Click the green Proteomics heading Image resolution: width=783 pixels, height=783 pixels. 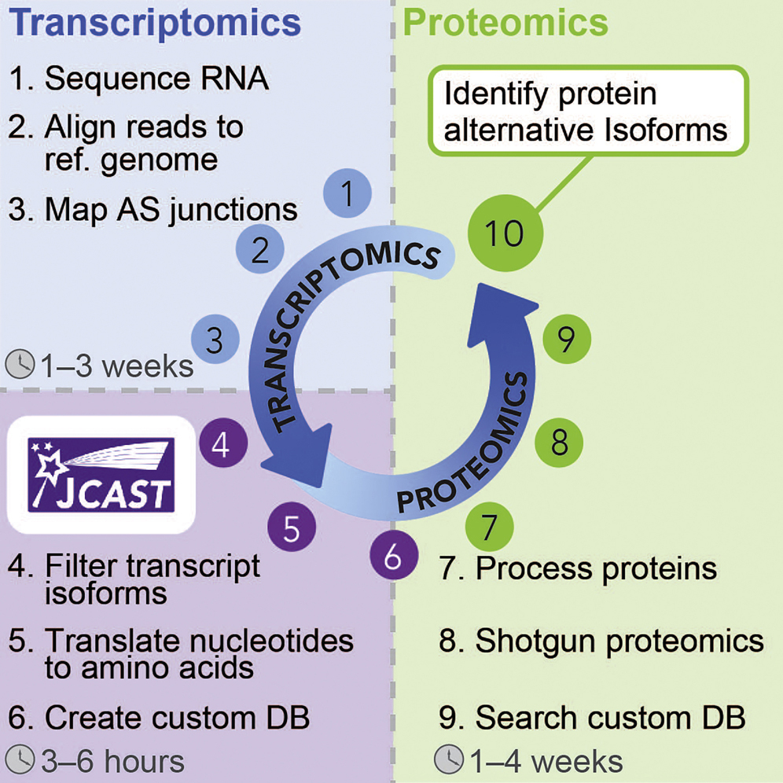coord(505,22)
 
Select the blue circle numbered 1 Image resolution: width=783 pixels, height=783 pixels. coord(347,191)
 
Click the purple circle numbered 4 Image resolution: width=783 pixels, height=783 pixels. coord(221,446)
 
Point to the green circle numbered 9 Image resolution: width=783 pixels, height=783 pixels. coord(567,339)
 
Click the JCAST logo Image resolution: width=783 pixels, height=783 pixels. coord(100,475)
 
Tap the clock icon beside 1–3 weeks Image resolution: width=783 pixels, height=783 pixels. coord(20,365)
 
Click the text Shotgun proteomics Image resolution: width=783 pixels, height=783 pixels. coord(619,641)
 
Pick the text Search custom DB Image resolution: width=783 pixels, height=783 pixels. coord(610,717)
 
